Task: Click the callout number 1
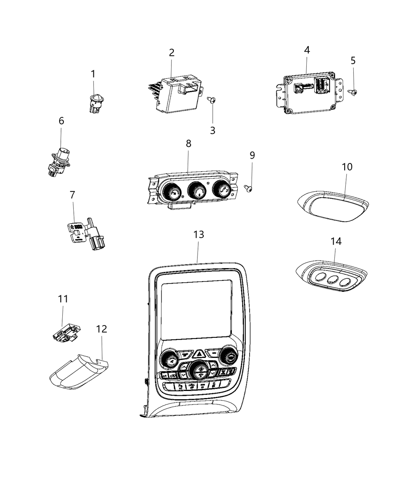click(x=93, y=74)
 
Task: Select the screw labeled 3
click(x=212, y=100)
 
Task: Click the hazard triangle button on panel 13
click(x=199, y=354)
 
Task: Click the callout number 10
click(x=347, y=167)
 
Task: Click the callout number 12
click(x=101, y=329)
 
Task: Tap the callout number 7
click(x=72, y=195)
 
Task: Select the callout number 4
click(x=307, y=50)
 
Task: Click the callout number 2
click(x=172, y=52)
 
